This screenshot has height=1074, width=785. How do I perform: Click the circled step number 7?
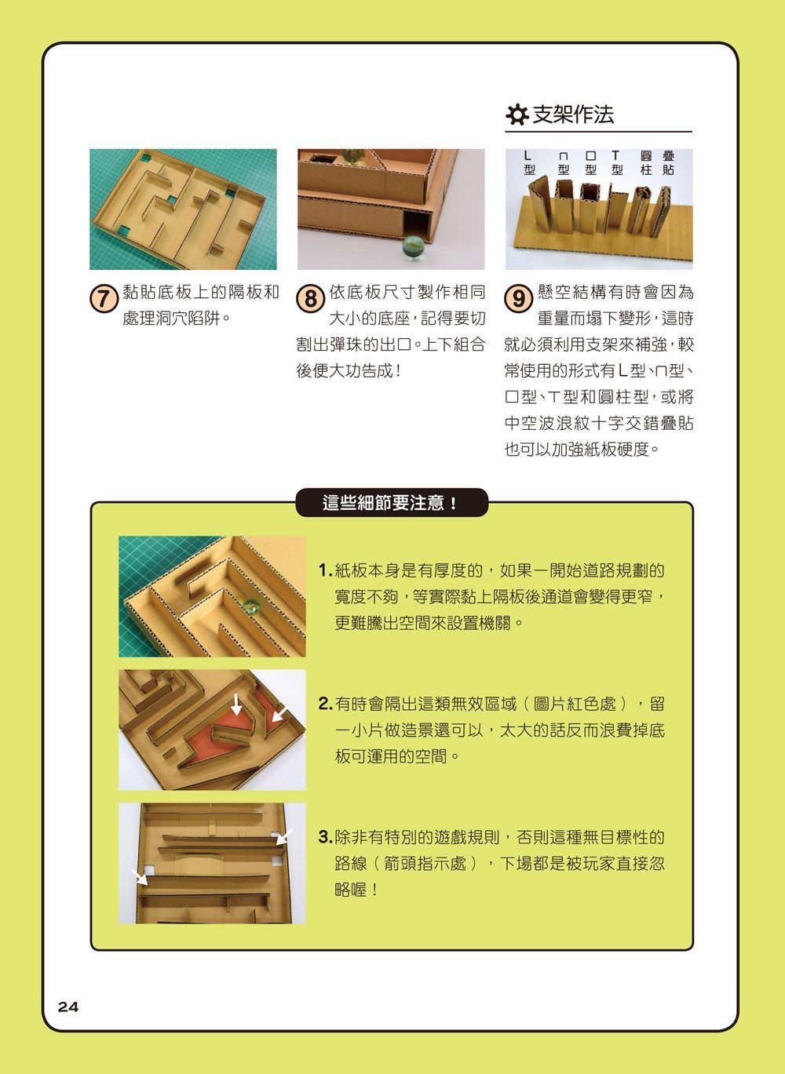[104, 298]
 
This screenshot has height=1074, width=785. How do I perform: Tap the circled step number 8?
[312, 298]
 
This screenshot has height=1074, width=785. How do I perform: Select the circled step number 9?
[519, 298]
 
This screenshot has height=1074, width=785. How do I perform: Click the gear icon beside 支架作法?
[517, 115]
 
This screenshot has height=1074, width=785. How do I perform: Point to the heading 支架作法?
[573, 115]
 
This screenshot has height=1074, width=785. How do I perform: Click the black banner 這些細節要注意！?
[392, 503]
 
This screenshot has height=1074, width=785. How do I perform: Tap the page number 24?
[68, 1007]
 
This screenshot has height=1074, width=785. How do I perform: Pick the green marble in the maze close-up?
[250, 606]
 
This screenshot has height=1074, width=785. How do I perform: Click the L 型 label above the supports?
[528, 163]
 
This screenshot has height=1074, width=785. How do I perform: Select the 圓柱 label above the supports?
[646, 163]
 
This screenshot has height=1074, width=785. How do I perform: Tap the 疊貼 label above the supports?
[668, 163]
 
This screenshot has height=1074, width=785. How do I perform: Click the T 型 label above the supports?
[616, 163]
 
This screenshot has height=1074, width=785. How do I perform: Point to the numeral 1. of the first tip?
[325, 570]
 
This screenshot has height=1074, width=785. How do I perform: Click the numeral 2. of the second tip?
[325, 704]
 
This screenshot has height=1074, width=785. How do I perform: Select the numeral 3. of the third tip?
[325, 837]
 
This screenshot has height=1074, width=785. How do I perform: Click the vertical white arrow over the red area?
[236, 704]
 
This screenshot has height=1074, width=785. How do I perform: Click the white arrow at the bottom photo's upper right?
[284, 837]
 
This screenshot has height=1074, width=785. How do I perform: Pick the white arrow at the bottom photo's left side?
[140, 877]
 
